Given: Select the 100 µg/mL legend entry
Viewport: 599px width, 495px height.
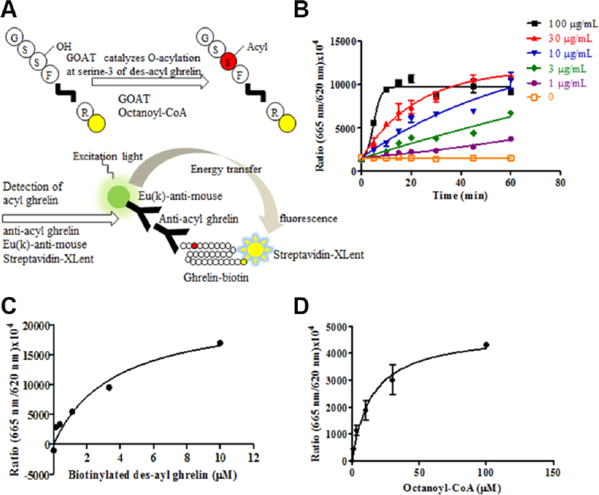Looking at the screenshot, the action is tap(562, 24).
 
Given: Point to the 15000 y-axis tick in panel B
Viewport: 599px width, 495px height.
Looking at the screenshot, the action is tap(343, 42).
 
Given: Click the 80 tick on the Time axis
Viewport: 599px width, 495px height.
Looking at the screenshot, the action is tap(560, 183).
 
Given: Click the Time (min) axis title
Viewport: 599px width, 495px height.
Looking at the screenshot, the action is tap(460, 196).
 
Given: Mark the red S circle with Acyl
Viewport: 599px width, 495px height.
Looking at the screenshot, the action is tap(228, 62).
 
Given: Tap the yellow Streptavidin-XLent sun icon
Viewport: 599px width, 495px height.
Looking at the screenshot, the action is tap(255, 249).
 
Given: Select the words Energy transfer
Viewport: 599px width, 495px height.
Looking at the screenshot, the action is tap(226, 169).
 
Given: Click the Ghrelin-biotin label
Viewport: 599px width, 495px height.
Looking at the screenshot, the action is tap(216, 277).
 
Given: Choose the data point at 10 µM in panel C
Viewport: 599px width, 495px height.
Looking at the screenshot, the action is tap(220, 343).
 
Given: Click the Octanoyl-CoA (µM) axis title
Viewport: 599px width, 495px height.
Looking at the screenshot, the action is tap(452, 488).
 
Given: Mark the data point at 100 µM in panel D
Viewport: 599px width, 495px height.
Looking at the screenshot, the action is tap(486, 345).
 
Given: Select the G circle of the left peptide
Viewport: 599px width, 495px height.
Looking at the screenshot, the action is tap(14, 38).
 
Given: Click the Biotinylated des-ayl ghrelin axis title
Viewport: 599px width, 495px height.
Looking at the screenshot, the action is tap(152, 475).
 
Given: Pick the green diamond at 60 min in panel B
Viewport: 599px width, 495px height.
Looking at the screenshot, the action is tap(511, 113).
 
